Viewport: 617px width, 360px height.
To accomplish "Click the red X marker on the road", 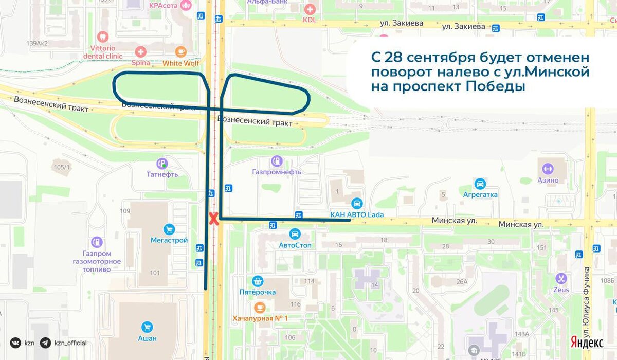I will point(213,218).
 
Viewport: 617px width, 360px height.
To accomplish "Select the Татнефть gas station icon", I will point(162,164).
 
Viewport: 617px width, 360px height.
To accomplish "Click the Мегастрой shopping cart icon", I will point(169,229).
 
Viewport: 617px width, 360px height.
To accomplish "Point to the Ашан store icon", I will point(148,327).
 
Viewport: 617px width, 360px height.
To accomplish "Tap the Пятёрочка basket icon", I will point(258,281).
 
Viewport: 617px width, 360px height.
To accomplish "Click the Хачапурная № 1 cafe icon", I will point(260,308).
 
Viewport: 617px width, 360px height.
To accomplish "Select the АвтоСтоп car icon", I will point(295,235).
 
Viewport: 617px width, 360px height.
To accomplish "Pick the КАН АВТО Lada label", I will point(357,214).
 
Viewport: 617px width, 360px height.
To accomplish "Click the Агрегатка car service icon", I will point(480,184).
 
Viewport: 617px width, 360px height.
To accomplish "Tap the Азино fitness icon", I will point(548,169).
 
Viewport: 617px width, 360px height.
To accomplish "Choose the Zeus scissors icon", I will point(561,279).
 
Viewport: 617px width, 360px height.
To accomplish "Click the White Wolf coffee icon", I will point(180,52).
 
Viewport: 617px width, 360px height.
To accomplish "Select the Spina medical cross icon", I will point(140,52).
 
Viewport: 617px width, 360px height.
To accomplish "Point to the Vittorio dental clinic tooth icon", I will point(103,37).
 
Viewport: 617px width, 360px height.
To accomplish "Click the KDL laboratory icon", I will point(310,9).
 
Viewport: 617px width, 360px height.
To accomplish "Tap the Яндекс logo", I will point(587,342).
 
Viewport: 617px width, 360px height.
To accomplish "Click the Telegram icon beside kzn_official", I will point(45,343).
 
